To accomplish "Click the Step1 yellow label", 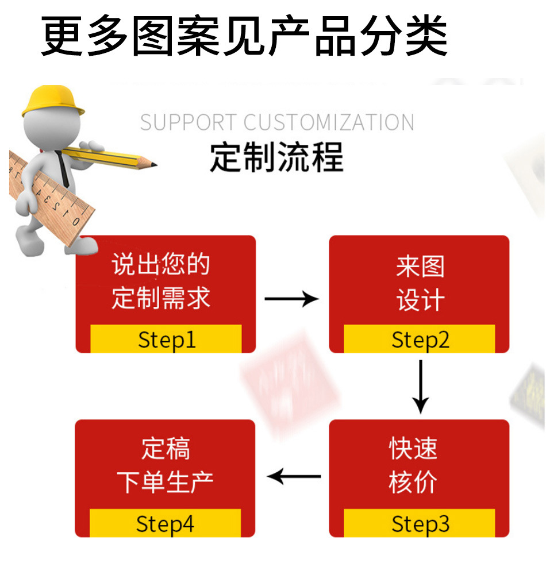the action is click(x=166, y=339).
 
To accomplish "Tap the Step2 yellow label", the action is click(x=420, y=339).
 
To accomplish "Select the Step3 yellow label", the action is click(x=420, y=523).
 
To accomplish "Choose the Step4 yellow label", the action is click(x=166, y=523).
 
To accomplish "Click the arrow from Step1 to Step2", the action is click(x=291, y=299).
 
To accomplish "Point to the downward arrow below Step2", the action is click(x=421, y=387).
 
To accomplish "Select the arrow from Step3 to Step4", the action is click(x=294, y=476).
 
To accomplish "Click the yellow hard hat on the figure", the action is click(x=53, y=101).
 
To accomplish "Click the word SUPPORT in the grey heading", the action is click(x=188, y=122).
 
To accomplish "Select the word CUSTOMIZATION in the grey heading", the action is click(x=329, y=122).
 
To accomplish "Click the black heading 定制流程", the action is click(x=277, y=157).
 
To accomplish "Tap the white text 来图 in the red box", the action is click(x=420, y=267).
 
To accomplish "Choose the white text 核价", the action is click(x=413, y=482).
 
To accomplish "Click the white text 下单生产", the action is click(x=165, y=482).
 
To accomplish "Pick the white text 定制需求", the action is click(x=161, y=298).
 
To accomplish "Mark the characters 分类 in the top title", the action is click(x=405, y=36).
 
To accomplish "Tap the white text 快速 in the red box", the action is click(x=413, y=448).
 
